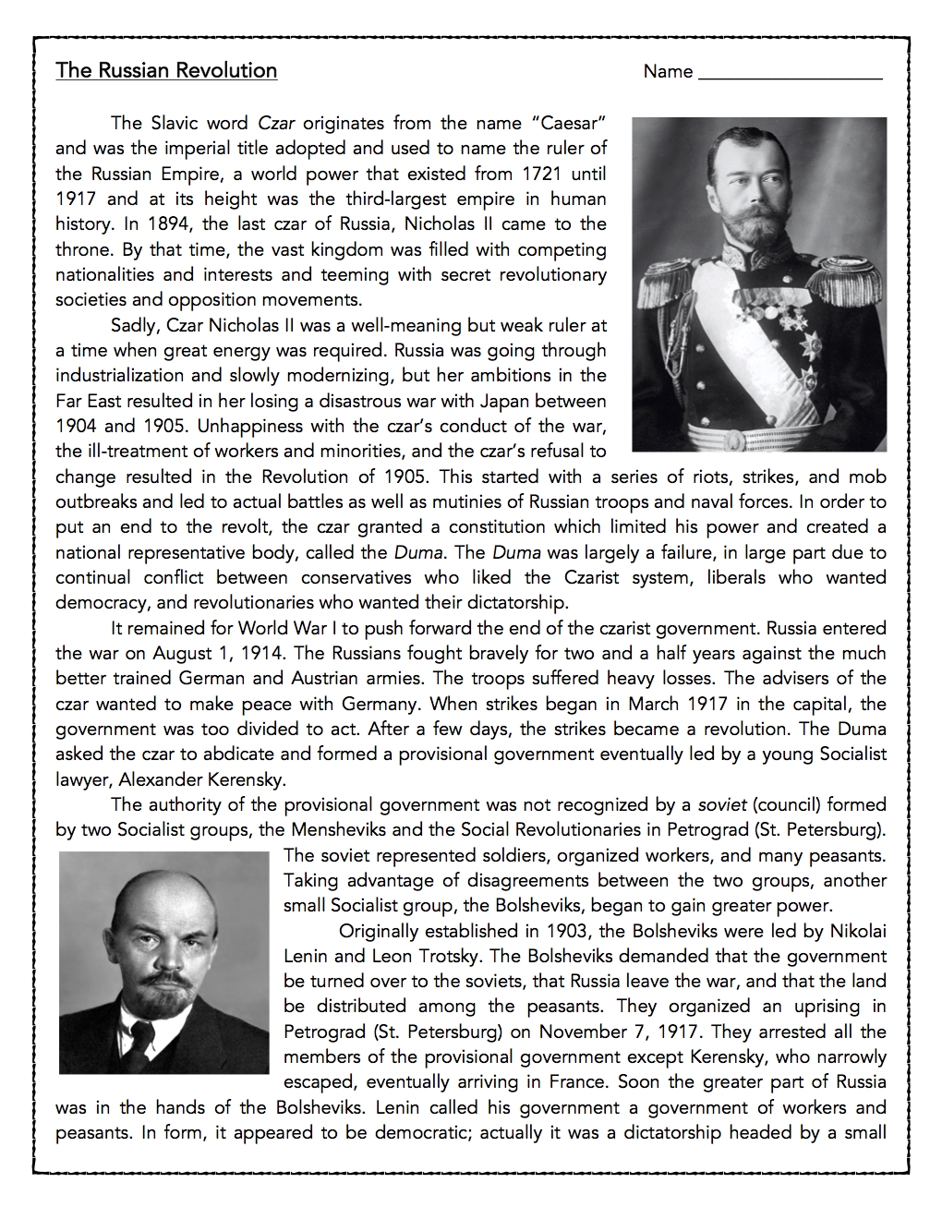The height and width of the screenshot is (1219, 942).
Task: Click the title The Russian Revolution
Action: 166,71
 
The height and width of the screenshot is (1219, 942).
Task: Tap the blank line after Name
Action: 790,74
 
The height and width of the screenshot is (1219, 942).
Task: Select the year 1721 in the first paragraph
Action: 543,174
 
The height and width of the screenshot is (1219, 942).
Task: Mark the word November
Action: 585,1032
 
